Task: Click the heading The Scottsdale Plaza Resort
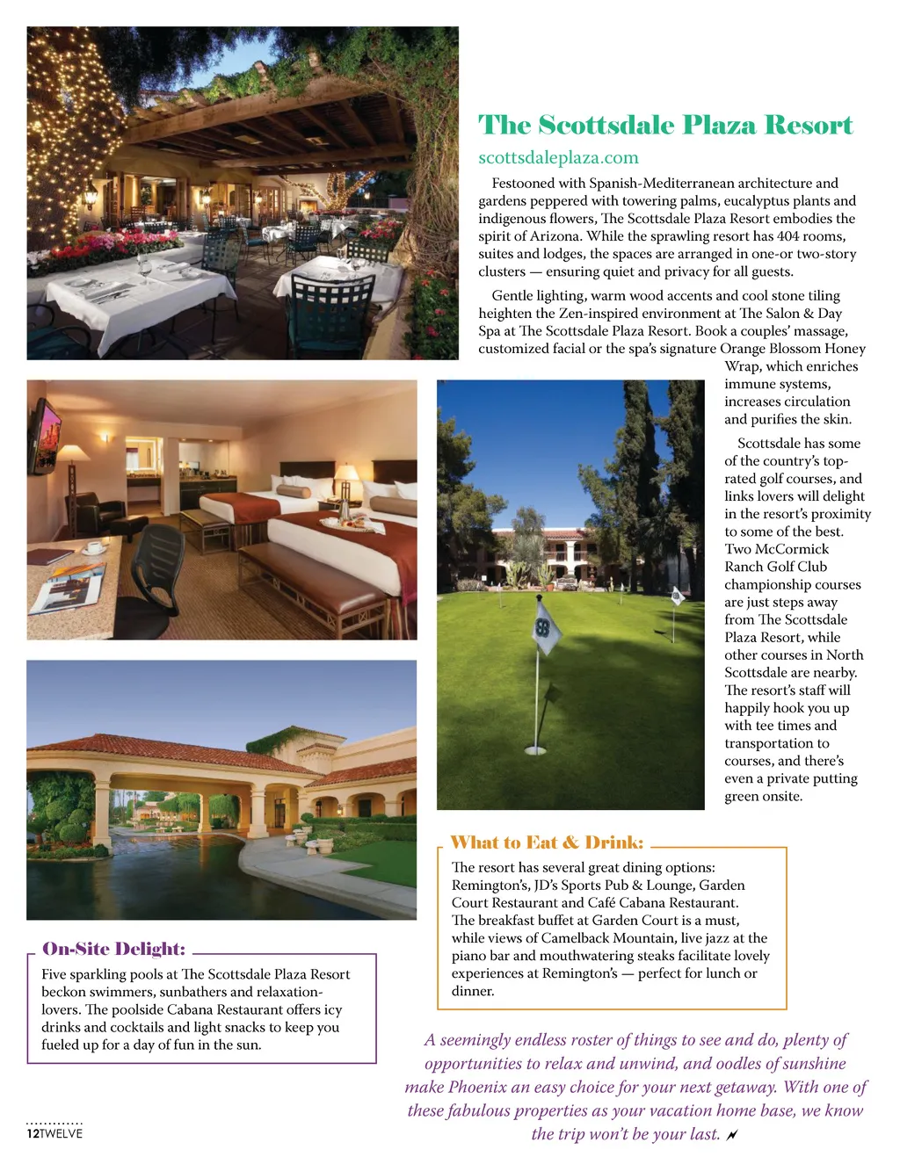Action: [x=665, y=126]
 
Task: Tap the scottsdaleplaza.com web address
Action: [x=558, y=158]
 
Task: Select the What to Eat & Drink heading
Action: [x=547, y=842]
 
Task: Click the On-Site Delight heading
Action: [x=114, y=949]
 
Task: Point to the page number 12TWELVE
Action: [x=54, y=1133]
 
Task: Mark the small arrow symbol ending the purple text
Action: [x=732, y=1135]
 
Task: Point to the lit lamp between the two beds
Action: [x=347, y=480]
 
